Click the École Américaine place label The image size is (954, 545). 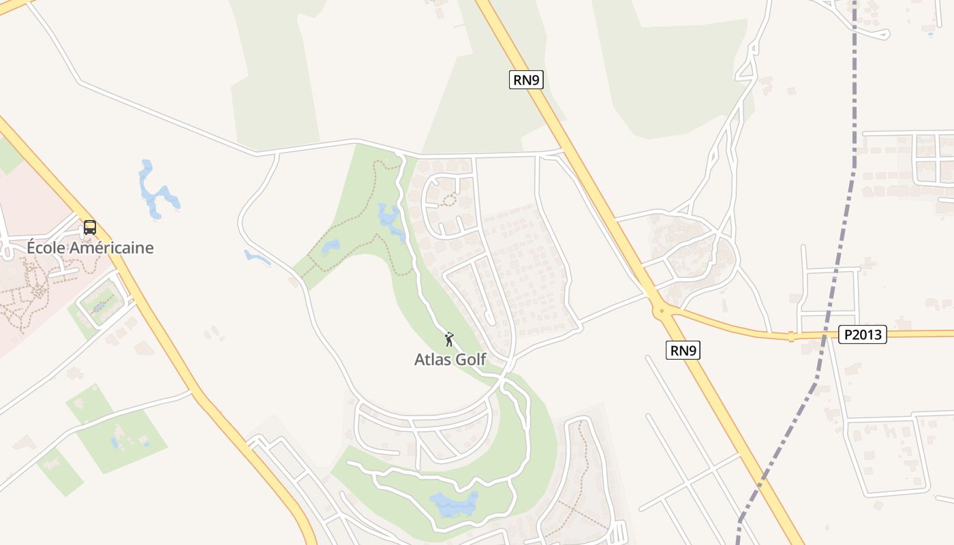(90, 247)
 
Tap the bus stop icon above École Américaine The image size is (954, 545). (90, 228)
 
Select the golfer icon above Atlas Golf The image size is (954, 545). (448, 339)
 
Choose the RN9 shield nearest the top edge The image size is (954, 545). (526, 80)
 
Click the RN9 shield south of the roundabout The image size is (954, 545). (683, 351)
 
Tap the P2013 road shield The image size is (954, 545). (862, 334)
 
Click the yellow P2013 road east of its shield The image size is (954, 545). (920, 334)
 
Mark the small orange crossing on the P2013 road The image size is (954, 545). (790, 336)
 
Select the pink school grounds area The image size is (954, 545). (27, 198)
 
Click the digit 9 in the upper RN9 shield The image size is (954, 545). (536, 80)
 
